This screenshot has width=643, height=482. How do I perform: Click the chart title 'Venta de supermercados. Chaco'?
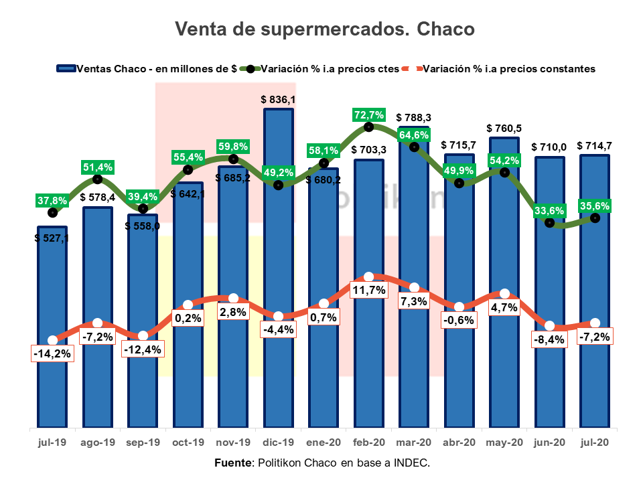pos(324,29)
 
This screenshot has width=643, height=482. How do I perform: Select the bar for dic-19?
pos(279,268)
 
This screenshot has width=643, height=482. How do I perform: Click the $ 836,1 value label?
pos(279,99)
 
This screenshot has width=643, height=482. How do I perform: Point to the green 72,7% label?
pos(369,114)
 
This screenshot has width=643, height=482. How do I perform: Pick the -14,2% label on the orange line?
pos(52,353)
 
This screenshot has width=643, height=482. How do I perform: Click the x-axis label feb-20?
pos(369,443)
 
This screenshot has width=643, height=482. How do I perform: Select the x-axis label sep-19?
pos(143,443)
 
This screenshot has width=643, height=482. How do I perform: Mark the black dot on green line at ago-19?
pos(98,179)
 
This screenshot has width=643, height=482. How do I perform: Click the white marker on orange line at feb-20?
pos(369,276)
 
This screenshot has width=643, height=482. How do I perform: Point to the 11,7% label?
pos(369,290)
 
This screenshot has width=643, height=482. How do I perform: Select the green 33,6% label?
pos(550,210)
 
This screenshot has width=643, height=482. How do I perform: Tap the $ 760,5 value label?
pos(504,128)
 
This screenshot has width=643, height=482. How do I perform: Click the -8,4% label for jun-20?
pos(550,339)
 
